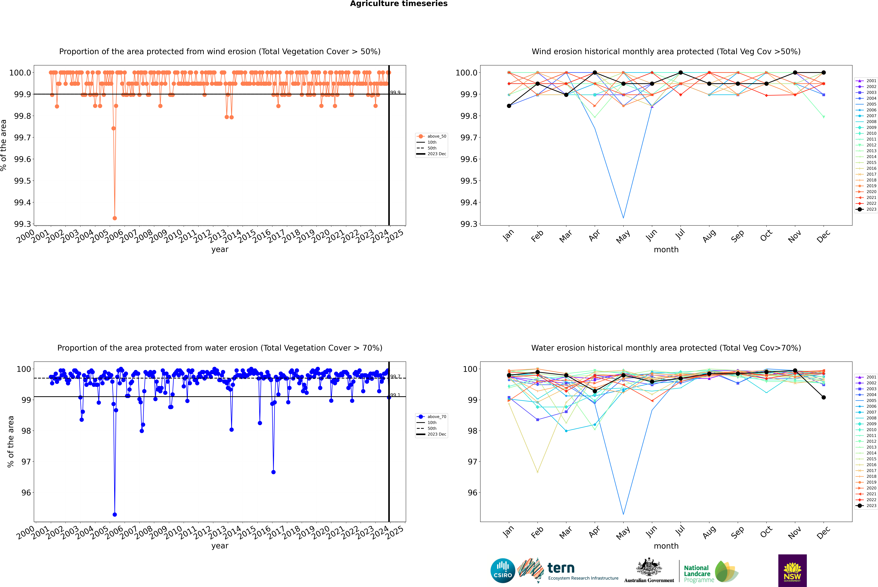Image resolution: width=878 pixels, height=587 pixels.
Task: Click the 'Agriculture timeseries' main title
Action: (x=399, y=4)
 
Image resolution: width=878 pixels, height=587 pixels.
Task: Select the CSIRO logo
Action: (x=503, y=571)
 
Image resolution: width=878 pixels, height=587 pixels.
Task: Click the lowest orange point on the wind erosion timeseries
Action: (x=115, y=218)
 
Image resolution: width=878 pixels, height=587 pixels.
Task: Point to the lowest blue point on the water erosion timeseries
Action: (x=115, y=514)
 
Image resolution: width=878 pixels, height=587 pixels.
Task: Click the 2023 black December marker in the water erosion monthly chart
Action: (x=823, y=398)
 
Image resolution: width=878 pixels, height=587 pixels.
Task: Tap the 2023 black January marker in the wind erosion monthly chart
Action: (x=509, y=106)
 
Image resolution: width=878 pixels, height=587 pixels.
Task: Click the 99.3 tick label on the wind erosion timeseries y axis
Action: (x=22, y=224)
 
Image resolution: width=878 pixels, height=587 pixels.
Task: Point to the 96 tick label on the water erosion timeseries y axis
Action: (x=26, y=493)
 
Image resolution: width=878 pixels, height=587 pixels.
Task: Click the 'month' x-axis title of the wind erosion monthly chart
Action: (x=666, y=250)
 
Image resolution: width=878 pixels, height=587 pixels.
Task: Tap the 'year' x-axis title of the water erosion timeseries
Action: (x=220, y=546)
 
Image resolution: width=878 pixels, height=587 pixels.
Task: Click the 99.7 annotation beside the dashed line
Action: (x=395, y=377)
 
